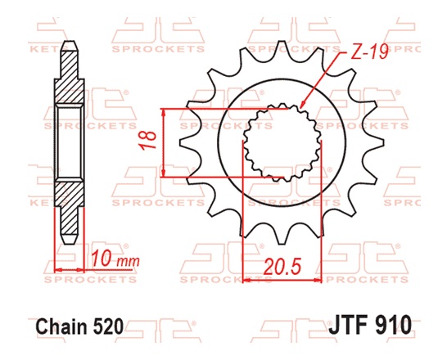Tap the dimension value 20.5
click(280, 266)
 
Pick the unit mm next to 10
click(125, 262)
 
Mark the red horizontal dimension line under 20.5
click(280, 280)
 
